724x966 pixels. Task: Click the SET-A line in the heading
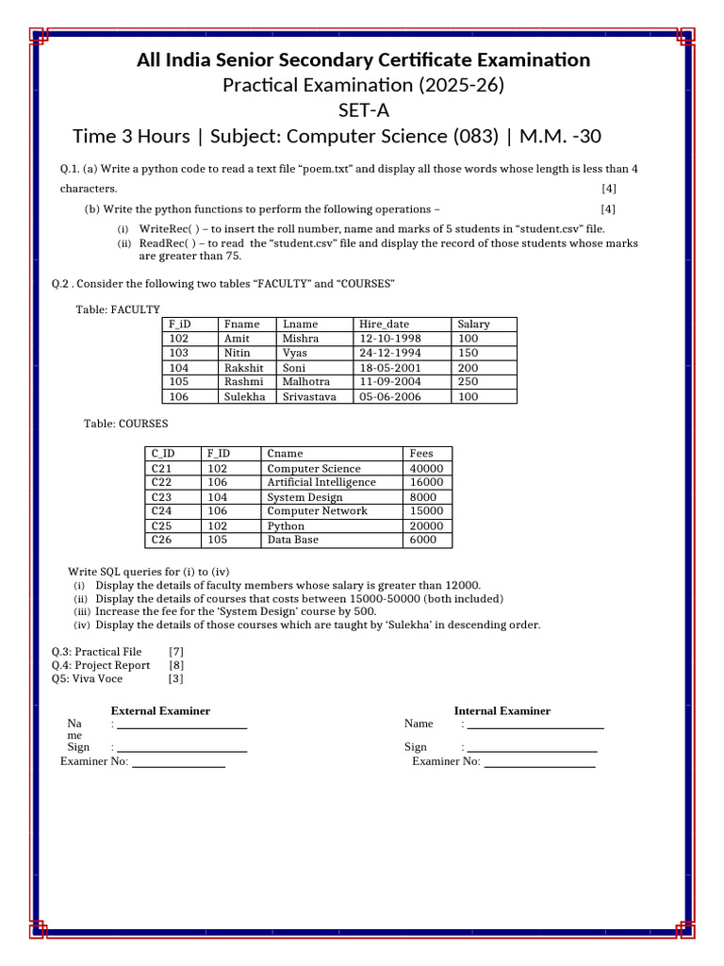coord(363,110)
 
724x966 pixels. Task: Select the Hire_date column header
coord(384,324)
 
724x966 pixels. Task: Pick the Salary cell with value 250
coord(468,382)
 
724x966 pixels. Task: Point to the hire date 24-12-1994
coord(389,353)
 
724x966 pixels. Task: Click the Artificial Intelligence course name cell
coord(321,482)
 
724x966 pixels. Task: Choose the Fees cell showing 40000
coord(426,469)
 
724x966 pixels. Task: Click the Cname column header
coord(285,454)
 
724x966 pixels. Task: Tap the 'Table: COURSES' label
coord(125,425)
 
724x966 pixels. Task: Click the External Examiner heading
coord(160,710)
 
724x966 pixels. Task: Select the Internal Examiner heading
coord(502,710)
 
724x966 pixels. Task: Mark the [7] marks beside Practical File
coord(175,651)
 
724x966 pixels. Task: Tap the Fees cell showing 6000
coord(422,540)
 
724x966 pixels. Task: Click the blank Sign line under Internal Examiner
coord(532,747)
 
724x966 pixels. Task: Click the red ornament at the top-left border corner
coord(38,37)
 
